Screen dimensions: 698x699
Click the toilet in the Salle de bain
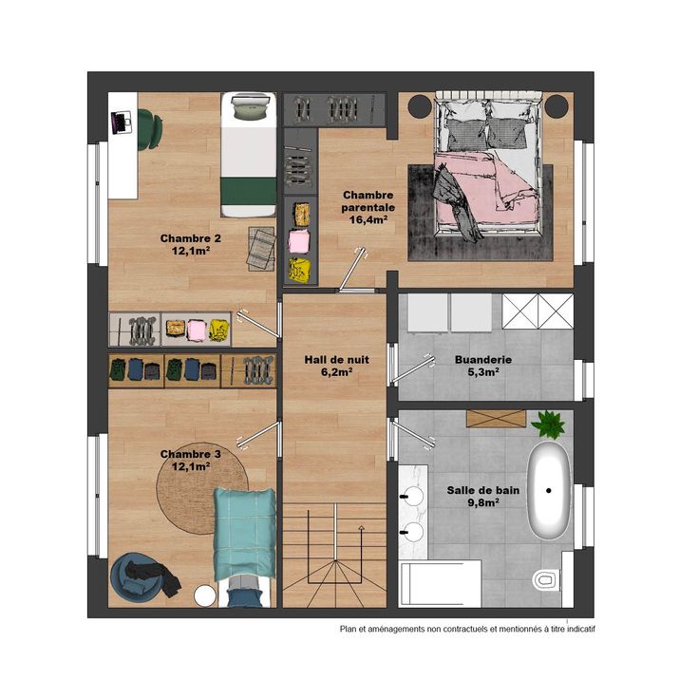(x=545, y=579)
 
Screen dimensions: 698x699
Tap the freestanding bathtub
(x=549, y=490)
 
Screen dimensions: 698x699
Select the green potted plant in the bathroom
(x=548, y=424)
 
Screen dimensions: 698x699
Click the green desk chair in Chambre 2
(x=150, y=129)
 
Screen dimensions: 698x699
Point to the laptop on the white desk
(x=121, y=122)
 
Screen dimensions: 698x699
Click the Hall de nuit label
(x=336, y=366)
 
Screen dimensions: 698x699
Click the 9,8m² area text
(x=483, y=502)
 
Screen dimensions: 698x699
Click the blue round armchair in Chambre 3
(x=134, y=575)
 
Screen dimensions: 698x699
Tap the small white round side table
(x=205, y=595)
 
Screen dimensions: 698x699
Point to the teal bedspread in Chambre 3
(x=244, y=534)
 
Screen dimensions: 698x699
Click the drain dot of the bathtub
(x=549, y=490)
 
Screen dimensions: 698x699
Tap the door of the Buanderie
(x=413, y=369)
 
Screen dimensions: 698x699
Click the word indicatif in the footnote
(x=581, y=629)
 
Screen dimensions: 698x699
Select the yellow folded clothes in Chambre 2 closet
(x=218, y=330)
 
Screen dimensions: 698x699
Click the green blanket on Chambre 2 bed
(x=249, y=191)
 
